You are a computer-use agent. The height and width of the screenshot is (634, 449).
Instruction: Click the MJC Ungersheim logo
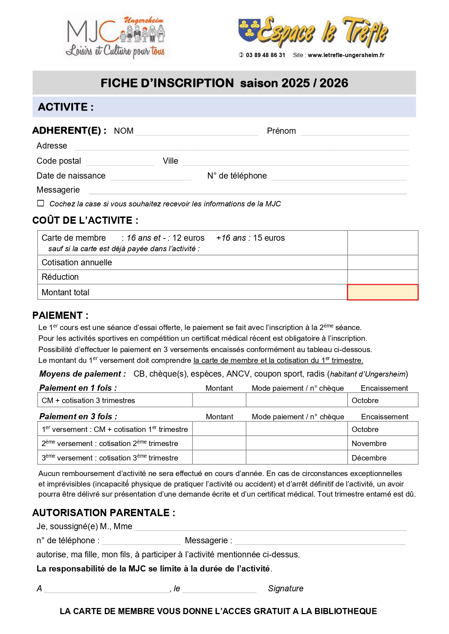click(115, 37)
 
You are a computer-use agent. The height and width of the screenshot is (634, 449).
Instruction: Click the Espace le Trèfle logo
click(313, 32)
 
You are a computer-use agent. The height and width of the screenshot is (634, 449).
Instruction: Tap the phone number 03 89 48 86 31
click(265, 55)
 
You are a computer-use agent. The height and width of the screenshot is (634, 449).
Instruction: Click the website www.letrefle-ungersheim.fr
click(346, 55)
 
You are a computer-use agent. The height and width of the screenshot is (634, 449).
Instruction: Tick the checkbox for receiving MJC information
click(41, 204)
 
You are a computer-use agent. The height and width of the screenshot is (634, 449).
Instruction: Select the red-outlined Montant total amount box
click(382, 292)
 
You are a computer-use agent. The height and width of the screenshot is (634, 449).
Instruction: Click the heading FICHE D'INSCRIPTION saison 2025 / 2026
click(224, 83)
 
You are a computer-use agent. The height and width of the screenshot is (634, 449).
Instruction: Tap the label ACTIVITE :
click(66, 107)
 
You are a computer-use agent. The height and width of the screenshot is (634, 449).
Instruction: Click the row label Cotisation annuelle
click(77, 263)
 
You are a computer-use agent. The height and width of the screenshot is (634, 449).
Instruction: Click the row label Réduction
click(60, 277)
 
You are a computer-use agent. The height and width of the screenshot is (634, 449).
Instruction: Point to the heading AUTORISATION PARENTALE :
click(104, 513)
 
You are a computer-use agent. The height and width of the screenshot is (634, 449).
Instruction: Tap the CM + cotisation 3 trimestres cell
click(88, 400)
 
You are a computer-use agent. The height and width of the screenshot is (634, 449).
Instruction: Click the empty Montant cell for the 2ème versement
click(219, 444)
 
